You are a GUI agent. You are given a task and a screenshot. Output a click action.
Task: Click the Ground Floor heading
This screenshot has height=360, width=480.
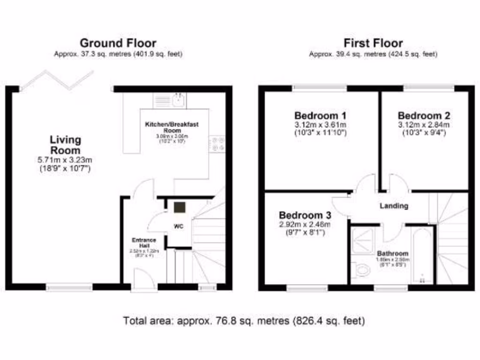coord(118,44)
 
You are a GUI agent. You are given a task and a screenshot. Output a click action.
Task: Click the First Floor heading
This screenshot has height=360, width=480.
coord(373,44)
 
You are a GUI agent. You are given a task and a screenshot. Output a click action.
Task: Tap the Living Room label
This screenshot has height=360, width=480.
coord(66,145)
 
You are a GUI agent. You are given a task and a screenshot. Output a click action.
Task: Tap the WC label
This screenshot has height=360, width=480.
coord(179,226)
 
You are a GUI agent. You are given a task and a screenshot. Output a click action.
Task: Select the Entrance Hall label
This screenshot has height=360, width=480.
coord(143,243)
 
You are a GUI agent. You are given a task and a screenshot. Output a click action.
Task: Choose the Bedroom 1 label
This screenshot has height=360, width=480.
coord(320,116)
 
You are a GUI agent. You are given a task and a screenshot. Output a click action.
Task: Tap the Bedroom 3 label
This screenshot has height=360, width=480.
coord(305,215)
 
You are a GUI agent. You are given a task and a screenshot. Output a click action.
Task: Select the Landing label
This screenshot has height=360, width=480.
coord(394,205)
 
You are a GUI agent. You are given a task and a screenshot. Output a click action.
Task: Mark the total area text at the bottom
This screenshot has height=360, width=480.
coord(244,321)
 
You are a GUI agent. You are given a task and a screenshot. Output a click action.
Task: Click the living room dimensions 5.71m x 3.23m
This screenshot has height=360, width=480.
coord(66,160)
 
